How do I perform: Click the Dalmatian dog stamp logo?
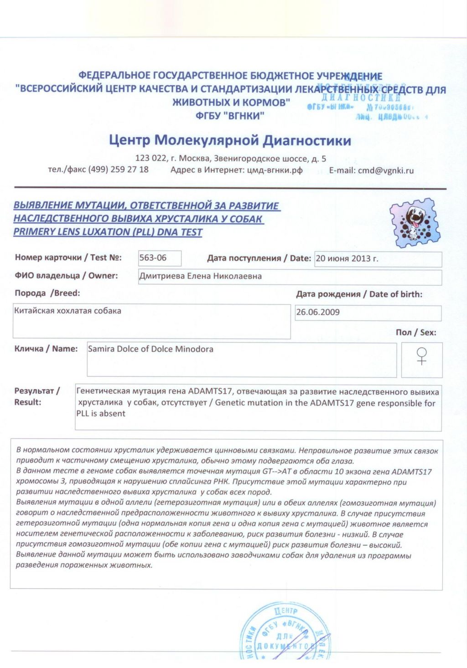[415, 223]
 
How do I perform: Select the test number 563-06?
[153, 258]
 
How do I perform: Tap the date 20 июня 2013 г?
[347, 259]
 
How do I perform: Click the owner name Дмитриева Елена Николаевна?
[200, 276]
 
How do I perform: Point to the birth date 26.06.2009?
[318, 313]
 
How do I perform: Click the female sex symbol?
[422, 356]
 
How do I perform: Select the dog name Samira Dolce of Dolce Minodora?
[150, 349]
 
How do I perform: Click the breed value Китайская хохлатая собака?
[68, 311]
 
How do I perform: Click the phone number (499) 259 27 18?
[118, 170]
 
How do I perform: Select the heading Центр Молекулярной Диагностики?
[230, 140]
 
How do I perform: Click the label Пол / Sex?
[416, 333]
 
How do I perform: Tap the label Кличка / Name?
[46, 349]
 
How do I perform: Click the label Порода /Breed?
[47, 293]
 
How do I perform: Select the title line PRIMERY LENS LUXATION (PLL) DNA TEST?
[108, 232]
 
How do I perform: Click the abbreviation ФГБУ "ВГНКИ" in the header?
[230, 116]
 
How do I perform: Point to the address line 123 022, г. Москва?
[230, 159]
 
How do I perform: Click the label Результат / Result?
[36, 396]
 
